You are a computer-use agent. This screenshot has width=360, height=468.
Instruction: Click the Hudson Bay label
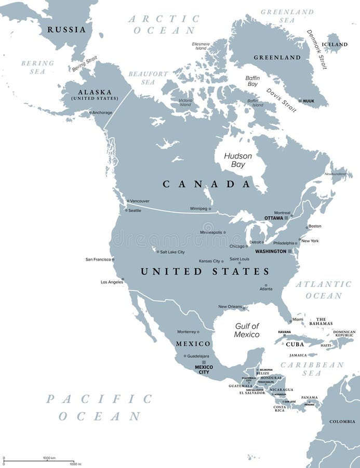238,160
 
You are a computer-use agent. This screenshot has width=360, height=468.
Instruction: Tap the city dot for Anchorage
90,112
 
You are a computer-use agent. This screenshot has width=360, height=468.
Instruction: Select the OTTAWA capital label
273,218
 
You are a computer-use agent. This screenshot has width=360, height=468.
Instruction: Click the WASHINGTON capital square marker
290,251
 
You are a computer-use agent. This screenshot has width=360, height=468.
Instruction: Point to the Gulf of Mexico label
247,330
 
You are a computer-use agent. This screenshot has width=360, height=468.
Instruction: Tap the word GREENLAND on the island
277,57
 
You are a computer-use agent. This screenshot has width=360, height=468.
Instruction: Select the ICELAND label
335,45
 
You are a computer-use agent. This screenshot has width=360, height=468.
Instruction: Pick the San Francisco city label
98,259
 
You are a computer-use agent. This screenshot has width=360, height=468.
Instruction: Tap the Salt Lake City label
172,252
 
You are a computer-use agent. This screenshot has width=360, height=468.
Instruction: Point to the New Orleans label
230,307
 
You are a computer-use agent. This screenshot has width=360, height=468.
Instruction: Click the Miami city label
298,320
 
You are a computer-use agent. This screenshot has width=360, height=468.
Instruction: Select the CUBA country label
295,344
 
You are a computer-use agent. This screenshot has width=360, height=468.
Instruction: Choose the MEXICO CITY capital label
204,369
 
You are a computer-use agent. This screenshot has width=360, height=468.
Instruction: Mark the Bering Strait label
85,64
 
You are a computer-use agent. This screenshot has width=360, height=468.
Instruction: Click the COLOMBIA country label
342,421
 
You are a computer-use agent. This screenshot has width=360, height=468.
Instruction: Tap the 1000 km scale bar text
50,458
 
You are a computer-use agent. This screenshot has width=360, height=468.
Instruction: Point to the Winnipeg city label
198,209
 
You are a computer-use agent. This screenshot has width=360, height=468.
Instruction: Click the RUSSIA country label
66,30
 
